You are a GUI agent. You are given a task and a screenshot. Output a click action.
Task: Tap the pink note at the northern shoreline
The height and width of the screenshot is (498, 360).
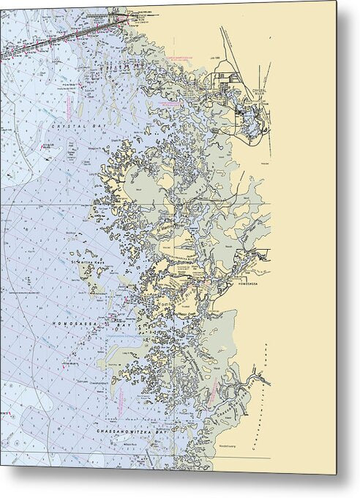(x=179, y=55)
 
